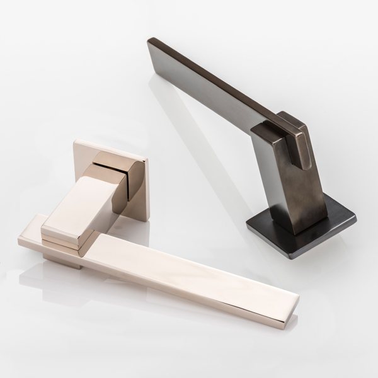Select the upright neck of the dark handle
(287, 183)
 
